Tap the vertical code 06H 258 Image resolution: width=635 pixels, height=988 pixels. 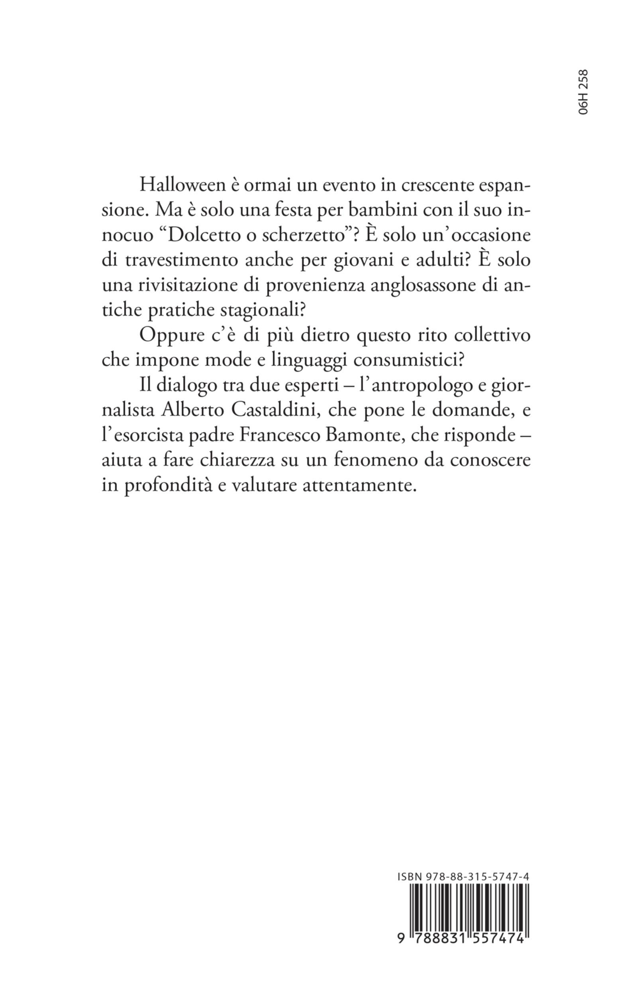click(584, 97)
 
